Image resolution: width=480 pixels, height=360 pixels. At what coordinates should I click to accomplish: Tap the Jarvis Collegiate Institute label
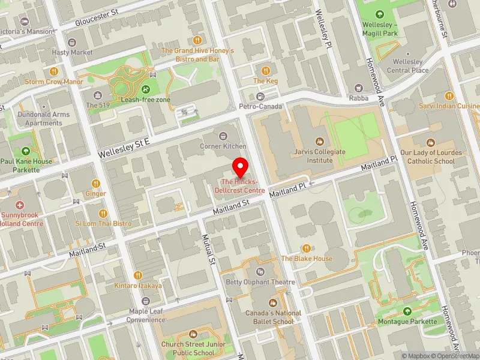(320, 156)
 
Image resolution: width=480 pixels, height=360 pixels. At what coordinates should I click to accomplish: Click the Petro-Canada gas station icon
(260, 97)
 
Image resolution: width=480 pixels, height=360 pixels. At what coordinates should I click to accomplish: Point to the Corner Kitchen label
(224, 146)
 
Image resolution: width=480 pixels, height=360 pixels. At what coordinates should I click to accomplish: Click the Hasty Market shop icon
(73, 43)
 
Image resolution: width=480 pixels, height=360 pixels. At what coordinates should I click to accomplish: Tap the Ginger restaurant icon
(95, 183)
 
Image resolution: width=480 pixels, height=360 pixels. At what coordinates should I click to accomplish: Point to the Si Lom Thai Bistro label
(103, 224)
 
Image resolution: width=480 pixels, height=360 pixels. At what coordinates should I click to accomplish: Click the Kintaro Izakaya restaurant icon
(138, 275)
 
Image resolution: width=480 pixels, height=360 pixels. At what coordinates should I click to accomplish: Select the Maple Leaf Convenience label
(146, 316)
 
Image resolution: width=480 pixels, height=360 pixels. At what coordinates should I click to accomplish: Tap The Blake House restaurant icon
(307, 248)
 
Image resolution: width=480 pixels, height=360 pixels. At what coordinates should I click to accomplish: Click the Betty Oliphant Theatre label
(260, 282)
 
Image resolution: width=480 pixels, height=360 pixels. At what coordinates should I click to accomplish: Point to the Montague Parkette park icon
(407, 311)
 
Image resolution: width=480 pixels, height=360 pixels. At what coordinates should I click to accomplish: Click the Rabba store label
(359, 98)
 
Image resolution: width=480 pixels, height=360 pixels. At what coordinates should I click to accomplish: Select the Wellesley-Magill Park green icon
(379, 14)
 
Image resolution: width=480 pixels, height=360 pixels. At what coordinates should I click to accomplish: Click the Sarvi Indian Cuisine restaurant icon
(448, 95)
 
